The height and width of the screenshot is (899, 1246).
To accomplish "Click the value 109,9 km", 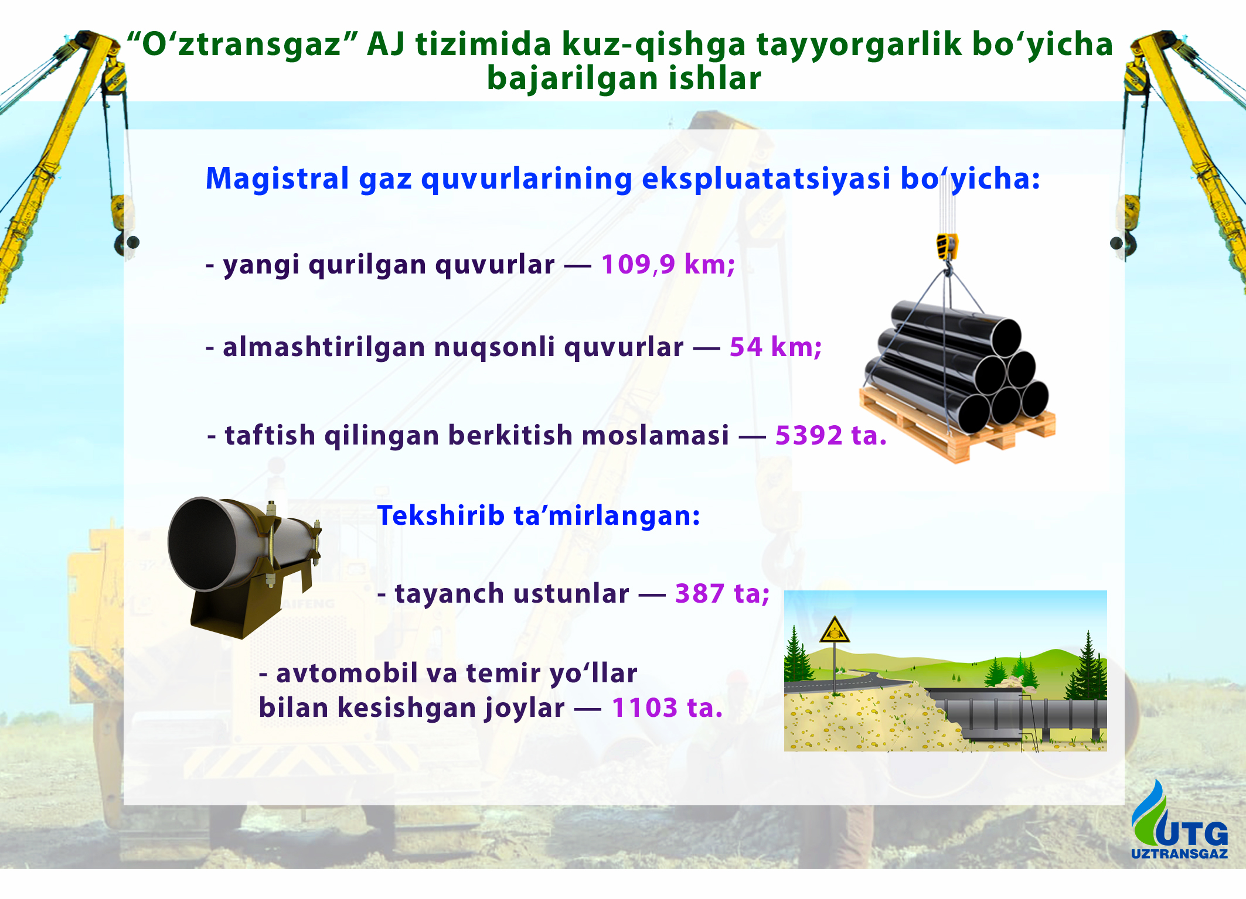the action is tap(667, 264).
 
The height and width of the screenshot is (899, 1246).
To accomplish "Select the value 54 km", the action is tap(775, 347).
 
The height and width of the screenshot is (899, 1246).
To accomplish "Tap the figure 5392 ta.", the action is tap(830, 435).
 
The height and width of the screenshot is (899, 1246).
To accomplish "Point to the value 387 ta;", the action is tap(722, 593).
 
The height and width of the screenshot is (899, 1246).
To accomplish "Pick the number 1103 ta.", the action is tap(667, 707).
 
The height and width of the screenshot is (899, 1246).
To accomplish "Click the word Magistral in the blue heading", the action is tap(277, 178).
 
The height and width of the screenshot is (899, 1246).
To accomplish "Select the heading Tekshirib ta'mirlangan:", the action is tap(539, 515).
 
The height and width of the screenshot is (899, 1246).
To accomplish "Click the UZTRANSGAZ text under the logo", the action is tap(1179, 853).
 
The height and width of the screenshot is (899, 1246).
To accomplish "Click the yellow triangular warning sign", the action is tap(835, 630).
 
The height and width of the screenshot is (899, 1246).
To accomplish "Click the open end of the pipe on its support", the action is tap(202, 544).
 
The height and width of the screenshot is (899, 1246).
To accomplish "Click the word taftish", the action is tap(270, 435).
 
